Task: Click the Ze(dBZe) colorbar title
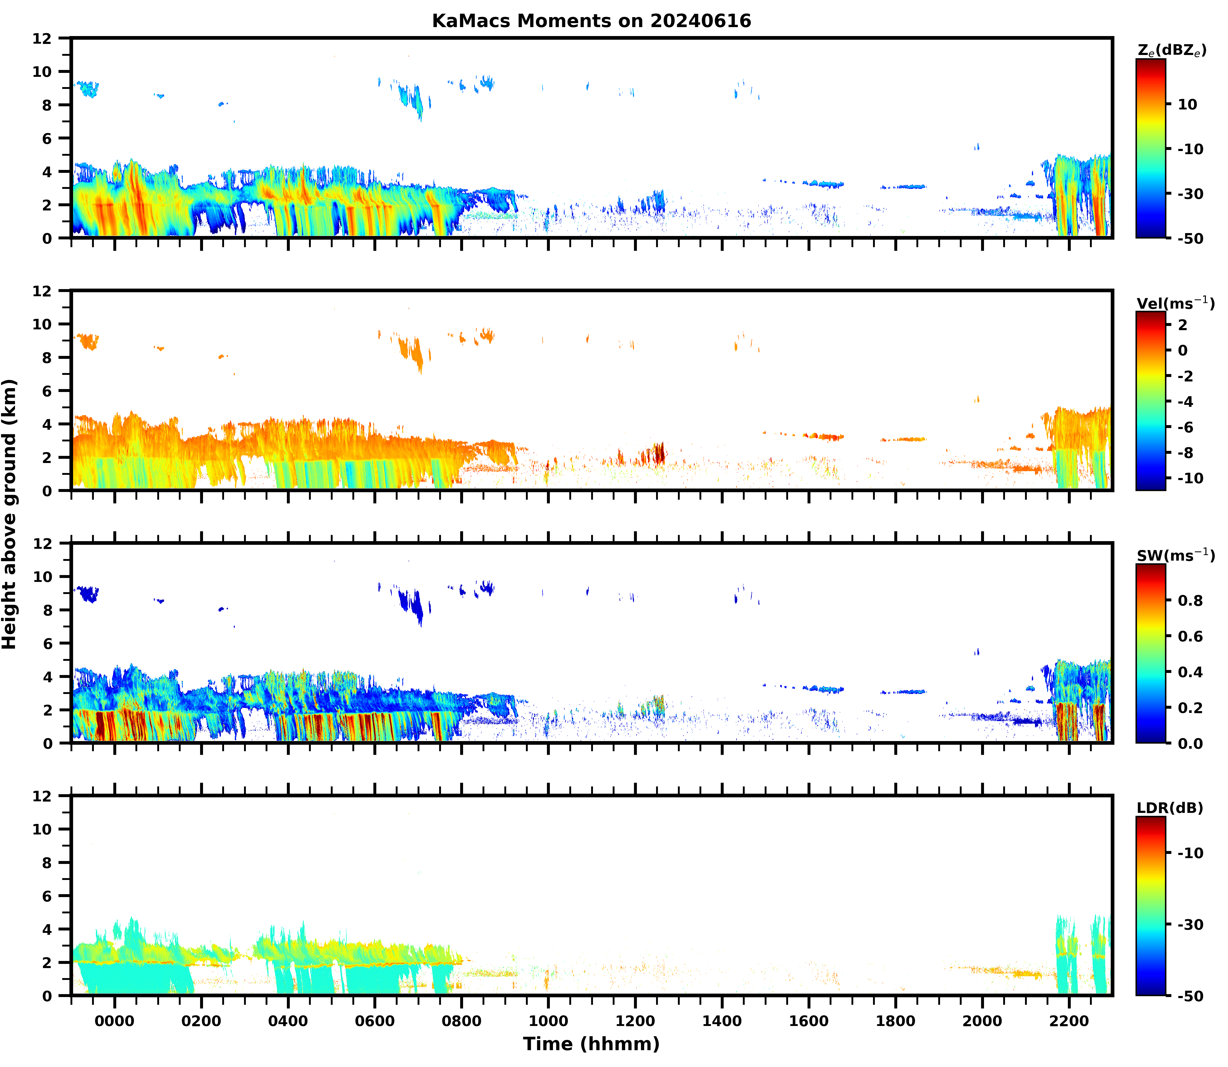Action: tap(1171, 51)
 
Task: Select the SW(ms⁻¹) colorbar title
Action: tap(1175, 556)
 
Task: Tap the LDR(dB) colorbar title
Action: tap(1170, 808)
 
